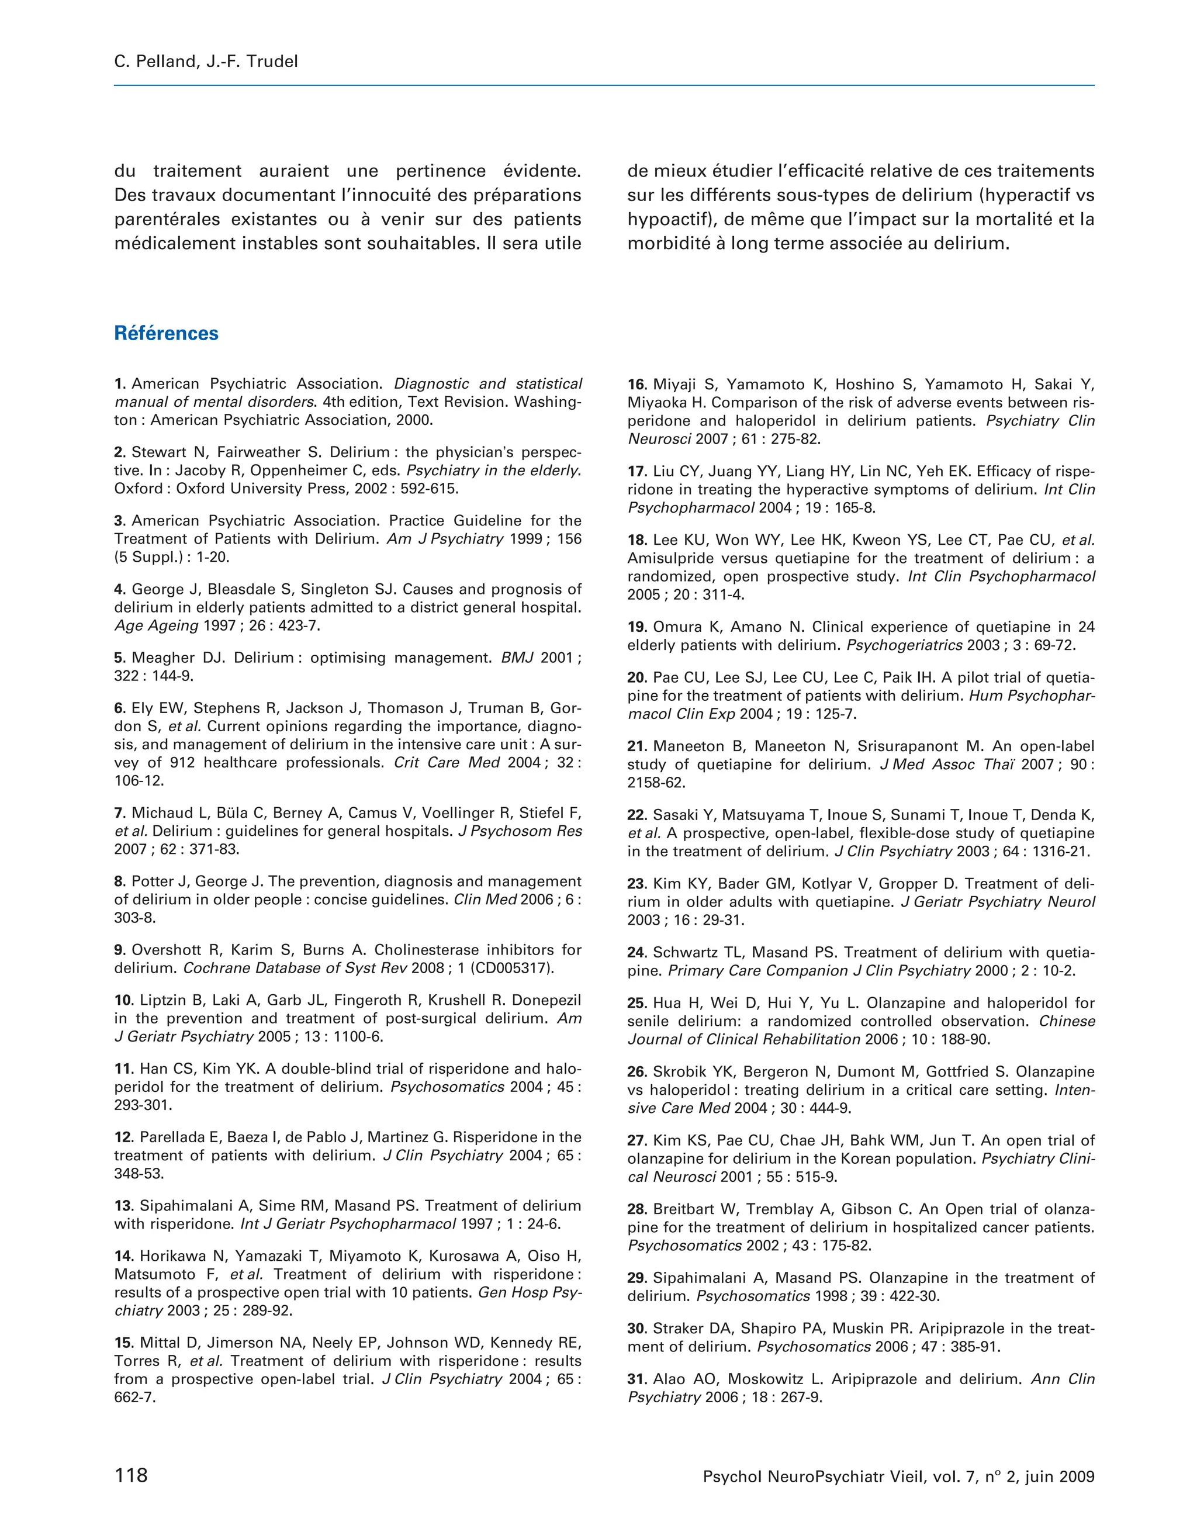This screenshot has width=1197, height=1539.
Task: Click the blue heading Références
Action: [x=166, y=333]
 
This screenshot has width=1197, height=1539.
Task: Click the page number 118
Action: [x=131, y=1475]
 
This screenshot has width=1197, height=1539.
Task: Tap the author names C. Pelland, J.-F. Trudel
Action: [x=206, y=61]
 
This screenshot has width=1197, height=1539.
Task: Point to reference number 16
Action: [x=637, y=385]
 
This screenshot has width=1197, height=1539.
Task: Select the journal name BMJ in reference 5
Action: [x=517, y=658]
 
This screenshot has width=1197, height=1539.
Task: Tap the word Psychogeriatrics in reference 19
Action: [x=904, y=645]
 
